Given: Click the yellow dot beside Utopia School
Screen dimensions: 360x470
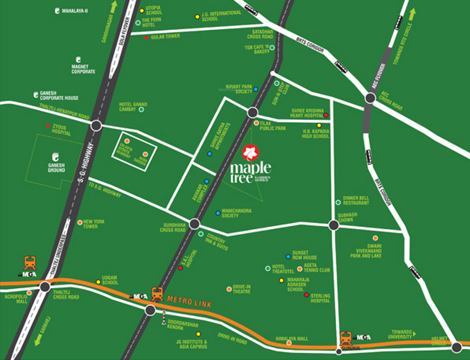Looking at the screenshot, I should tap(140, 9).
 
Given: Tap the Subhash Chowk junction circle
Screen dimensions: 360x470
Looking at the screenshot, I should tap(334, 225).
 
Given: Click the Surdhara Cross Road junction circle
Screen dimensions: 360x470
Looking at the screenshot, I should tap(195, 224).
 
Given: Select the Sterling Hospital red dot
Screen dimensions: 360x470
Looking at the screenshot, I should tap(306, 294).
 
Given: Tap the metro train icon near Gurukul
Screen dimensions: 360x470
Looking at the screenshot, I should tap(347, 338).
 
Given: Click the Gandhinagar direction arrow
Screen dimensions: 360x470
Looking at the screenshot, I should tap(113, 8).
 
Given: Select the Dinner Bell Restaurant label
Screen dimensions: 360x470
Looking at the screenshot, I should tap(355, 200).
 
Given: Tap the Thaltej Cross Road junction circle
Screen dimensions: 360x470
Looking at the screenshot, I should tap(45, 287).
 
